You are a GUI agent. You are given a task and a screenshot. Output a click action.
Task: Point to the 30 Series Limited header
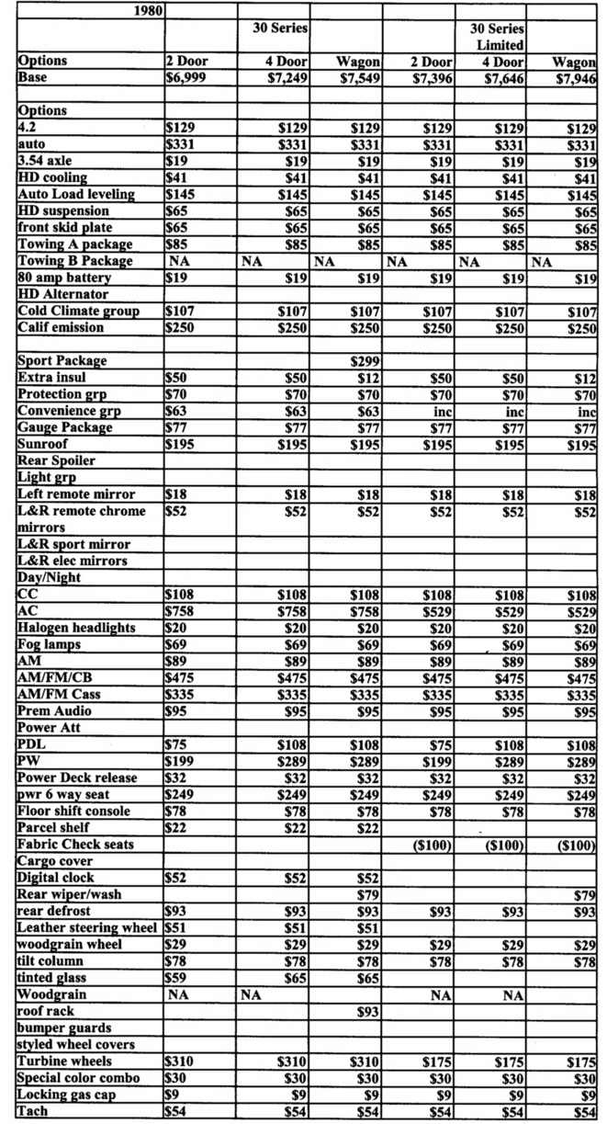[x=499, y=37]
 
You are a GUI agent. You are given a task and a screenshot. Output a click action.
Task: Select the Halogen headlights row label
[x=76, y=628]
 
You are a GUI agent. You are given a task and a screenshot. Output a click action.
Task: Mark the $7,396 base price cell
[x=431, y=78]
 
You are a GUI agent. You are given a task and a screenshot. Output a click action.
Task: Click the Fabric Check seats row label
[x=75, y=845]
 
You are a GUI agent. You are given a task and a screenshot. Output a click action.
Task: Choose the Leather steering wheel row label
[x=89, y=928]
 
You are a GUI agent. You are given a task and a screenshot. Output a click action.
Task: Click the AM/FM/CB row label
[x=54, y=678]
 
